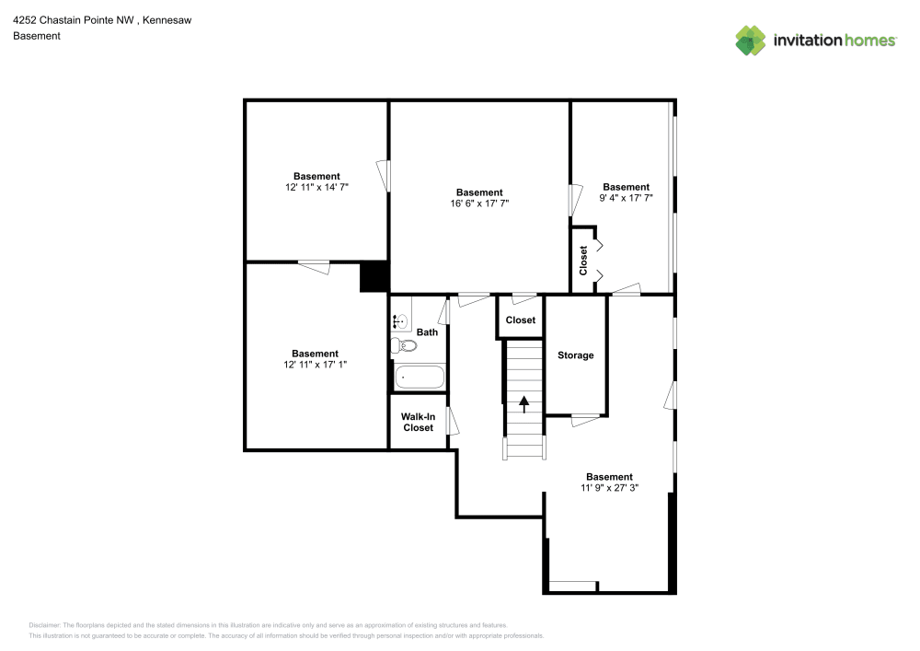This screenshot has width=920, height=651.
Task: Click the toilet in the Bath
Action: (404, 346)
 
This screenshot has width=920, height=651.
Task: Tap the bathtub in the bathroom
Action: (420, 378)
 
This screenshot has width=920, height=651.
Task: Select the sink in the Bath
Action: (399, 321)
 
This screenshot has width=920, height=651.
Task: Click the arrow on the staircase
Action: (524, 401)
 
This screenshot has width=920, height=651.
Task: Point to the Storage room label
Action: (576, 355)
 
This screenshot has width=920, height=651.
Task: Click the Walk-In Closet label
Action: (418, 422)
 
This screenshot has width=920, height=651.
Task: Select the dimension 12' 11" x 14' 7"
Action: (316, 187)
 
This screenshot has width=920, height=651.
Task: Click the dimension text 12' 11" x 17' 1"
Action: (315, 365)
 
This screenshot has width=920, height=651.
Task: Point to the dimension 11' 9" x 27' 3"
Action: (609, 488)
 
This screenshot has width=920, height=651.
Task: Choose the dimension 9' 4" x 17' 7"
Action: (626, 198)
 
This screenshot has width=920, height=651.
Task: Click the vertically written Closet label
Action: (583, 260)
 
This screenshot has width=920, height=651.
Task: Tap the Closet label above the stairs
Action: (521, 320)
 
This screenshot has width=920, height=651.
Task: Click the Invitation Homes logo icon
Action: (751, 41)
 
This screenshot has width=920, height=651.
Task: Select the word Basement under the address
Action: (37, 36)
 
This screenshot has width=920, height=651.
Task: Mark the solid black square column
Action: (374, 277)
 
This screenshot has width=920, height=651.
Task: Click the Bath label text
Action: (427, 332)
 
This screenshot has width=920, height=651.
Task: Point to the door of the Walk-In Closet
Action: (451, 422)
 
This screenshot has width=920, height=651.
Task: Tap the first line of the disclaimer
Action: (268, 624)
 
